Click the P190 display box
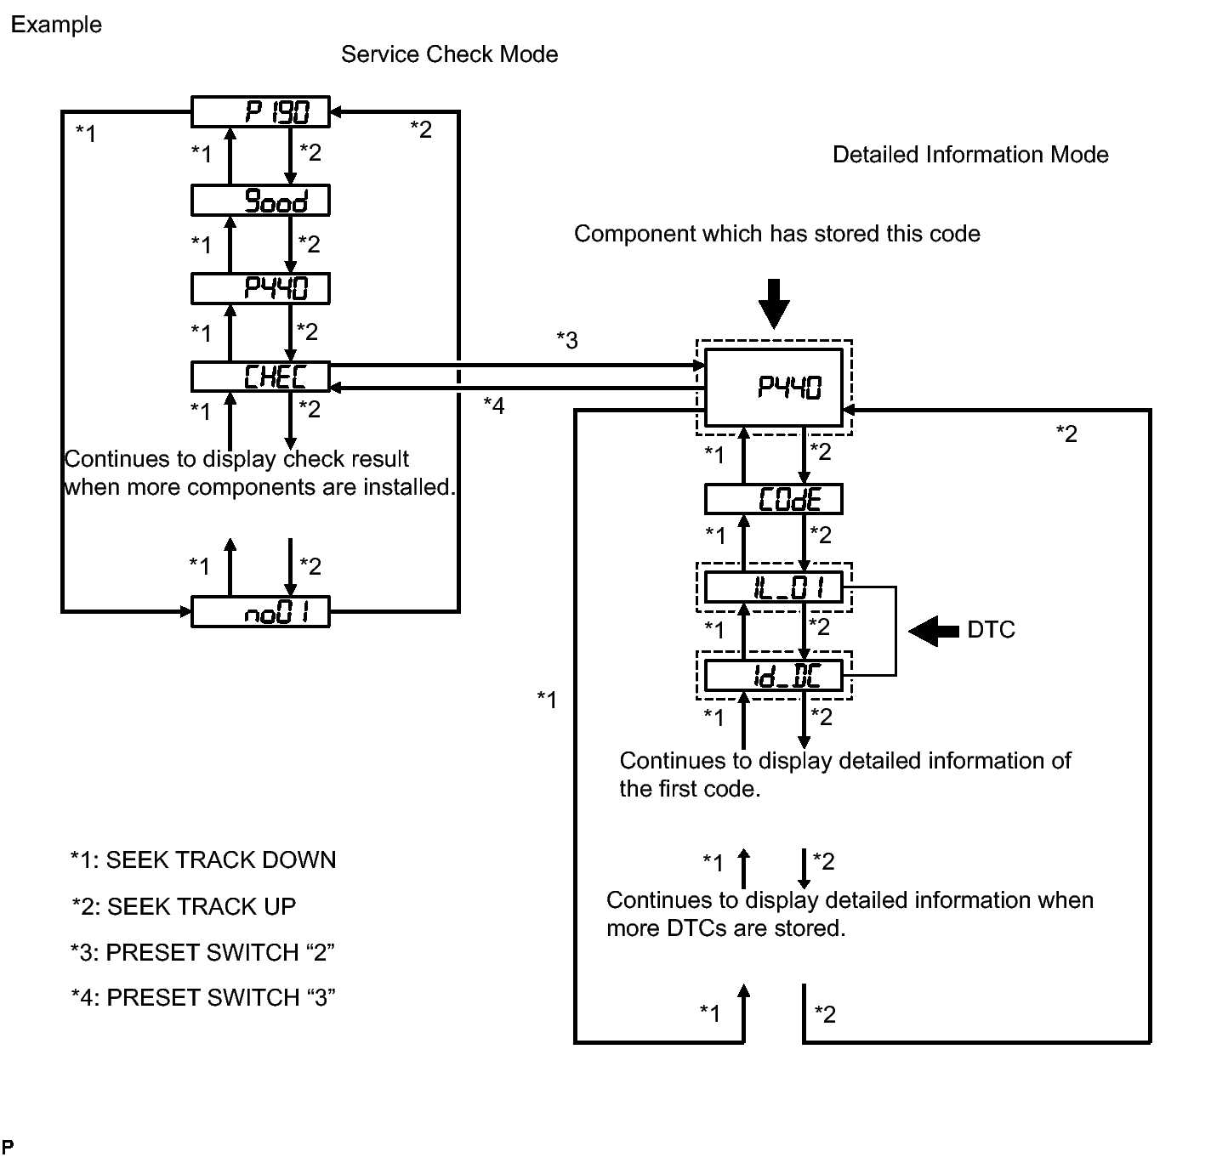coord(260,112)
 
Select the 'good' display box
coord(260,201)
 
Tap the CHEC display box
coord(260,377)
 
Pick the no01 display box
coord(260,612)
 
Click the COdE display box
coord(773,500)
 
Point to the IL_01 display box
coord(773,587)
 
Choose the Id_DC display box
coord(773,676)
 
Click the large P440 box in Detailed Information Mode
coord(773,388)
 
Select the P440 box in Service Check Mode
coord(260,289)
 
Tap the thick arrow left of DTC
coord(934,631)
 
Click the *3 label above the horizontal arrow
coord(567,340)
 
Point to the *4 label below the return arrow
coord(494,406)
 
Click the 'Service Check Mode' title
coord(449,54)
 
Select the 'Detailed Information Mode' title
coord(970,155)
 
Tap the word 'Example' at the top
coord(56,25)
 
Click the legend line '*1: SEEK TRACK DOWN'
coord(203,860)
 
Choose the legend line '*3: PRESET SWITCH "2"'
coord(203,952)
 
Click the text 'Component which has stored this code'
coord(776,234)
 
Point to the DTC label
coord(991,630)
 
